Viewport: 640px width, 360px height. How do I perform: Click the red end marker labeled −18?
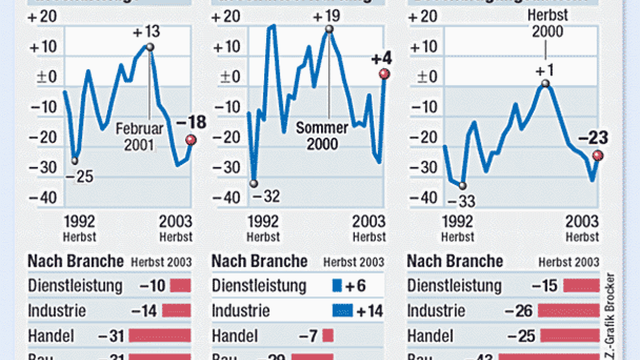click(191, 140)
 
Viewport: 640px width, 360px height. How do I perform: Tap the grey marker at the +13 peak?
click(150, 47)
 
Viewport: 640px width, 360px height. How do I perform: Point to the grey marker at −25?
click(75, 161)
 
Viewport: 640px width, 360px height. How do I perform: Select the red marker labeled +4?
click(383, 74)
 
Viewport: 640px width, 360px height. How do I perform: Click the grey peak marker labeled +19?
click(329, 29)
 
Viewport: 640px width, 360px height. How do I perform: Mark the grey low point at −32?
click(253, 183)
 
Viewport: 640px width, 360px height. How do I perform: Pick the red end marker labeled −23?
click(598, 155)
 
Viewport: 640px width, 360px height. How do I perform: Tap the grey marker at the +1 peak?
click(545, 83)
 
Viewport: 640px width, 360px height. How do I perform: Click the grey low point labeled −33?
click(463, 186)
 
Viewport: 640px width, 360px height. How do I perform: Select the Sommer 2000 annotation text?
click(322, 136)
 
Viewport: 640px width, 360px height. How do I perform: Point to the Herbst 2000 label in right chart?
click(547, 23)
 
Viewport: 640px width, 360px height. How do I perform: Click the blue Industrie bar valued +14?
click(342, 310)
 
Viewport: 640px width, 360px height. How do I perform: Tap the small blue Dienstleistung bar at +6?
click(338, 285)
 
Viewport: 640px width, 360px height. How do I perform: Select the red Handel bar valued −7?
click(328, 336)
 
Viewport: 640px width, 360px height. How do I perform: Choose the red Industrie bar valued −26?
click(568, 310)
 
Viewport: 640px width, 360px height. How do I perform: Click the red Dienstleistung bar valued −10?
click(180, 285)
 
